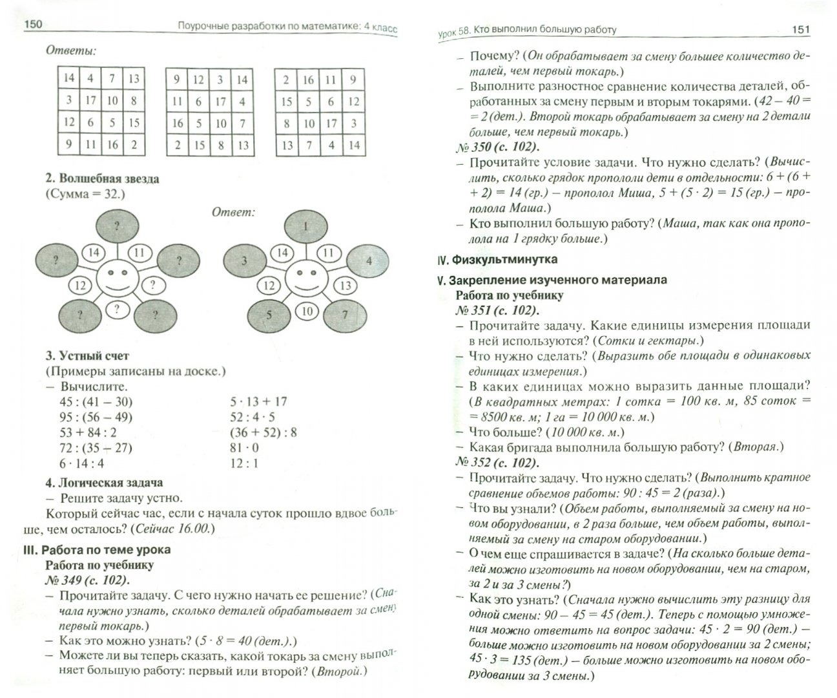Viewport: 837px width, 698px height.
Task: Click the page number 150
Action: click(x=33, y=25)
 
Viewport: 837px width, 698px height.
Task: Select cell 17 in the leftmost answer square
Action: click(x=90, y=100)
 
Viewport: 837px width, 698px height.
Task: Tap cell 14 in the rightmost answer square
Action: click(x=353, y=145)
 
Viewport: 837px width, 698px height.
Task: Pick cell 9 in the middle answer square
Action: click(x=176, y=79)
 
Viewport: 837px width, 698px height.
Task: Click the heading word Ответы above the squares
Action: click(x=71, y=50)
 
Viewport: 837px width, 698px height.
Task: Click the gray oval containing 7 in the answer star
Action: click(x=345, y=315)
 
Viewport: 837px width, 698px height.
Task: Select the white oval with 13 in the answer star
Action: click(x=346, y=285)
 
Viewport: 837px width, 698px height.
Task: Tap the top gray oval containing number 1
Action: click(x=306, y=226)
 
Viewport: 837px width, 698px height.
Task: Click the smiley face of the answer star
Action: click(x=307, y=280)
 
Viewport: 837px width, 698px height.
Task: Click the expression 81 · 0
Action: click(x=244, y=447)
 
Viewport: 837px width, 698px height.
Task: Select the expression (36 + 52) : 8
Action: click(x=263, y=432)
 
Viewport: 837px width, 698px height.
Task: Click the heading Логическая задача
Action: click(x=110, y=482)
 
